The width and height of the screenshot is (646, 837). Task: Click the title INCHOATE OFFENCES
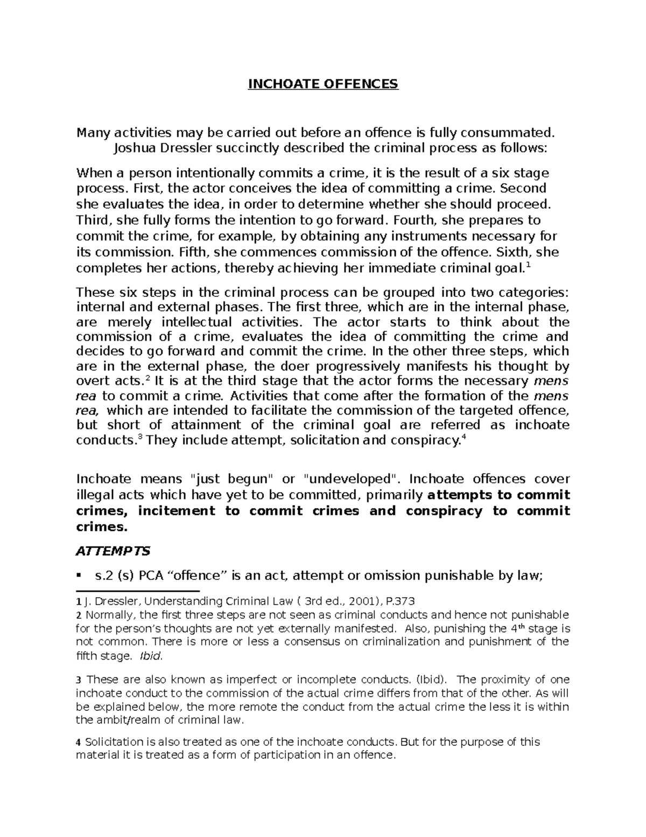tap(322, 84)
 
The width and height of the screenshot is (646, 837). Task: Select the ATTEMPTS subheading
tap(113, 551)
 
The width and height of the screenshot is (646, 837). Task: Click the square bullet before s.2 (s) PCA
tap(80, 575)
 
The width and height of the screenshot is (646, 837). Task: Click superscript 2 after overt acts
tap(148, 378)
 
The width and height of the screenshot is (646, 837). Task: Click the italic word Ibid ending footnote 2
tap(150, 656)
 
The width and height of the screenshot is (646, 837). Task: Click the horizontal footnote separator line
tap(138, 591)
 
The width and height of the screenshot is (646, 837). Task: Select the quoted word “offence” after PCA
tap(200, 575)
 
